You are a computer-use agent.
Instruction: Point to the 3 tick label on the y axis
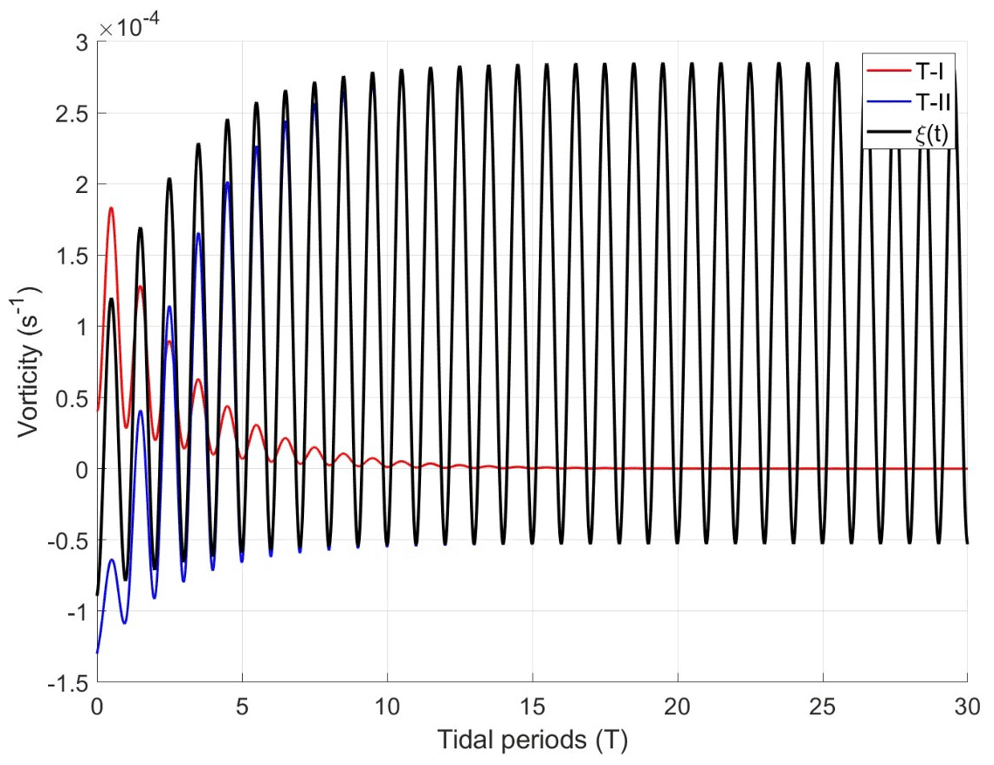80,42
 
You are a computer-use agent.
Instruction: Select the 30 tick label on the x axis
966,704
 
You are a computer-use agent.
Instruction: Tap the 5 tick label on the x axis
242,704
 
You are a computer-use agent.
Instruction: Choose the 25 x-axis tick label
822,704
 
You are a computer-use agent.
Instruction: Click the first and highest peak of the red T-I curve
112,208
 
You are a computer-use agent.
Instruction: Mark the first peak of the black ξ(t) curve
112,299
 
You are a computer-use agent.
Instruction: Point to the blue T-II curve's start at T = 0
97,652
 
